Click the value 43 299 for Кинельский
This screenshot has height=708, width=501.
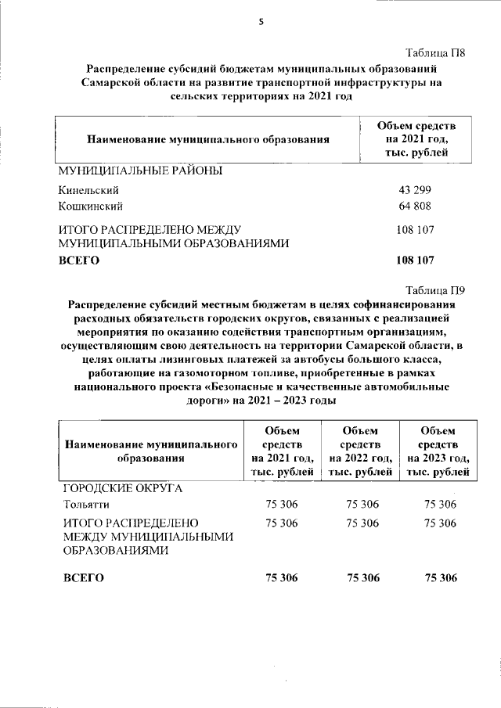click(x=415, y=190)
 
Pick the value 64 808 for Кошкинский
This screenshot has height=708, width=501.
click(x=415, y=207)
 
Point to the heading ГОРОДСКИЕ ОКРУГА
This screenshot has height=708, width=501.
click(x=122, y=488)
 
